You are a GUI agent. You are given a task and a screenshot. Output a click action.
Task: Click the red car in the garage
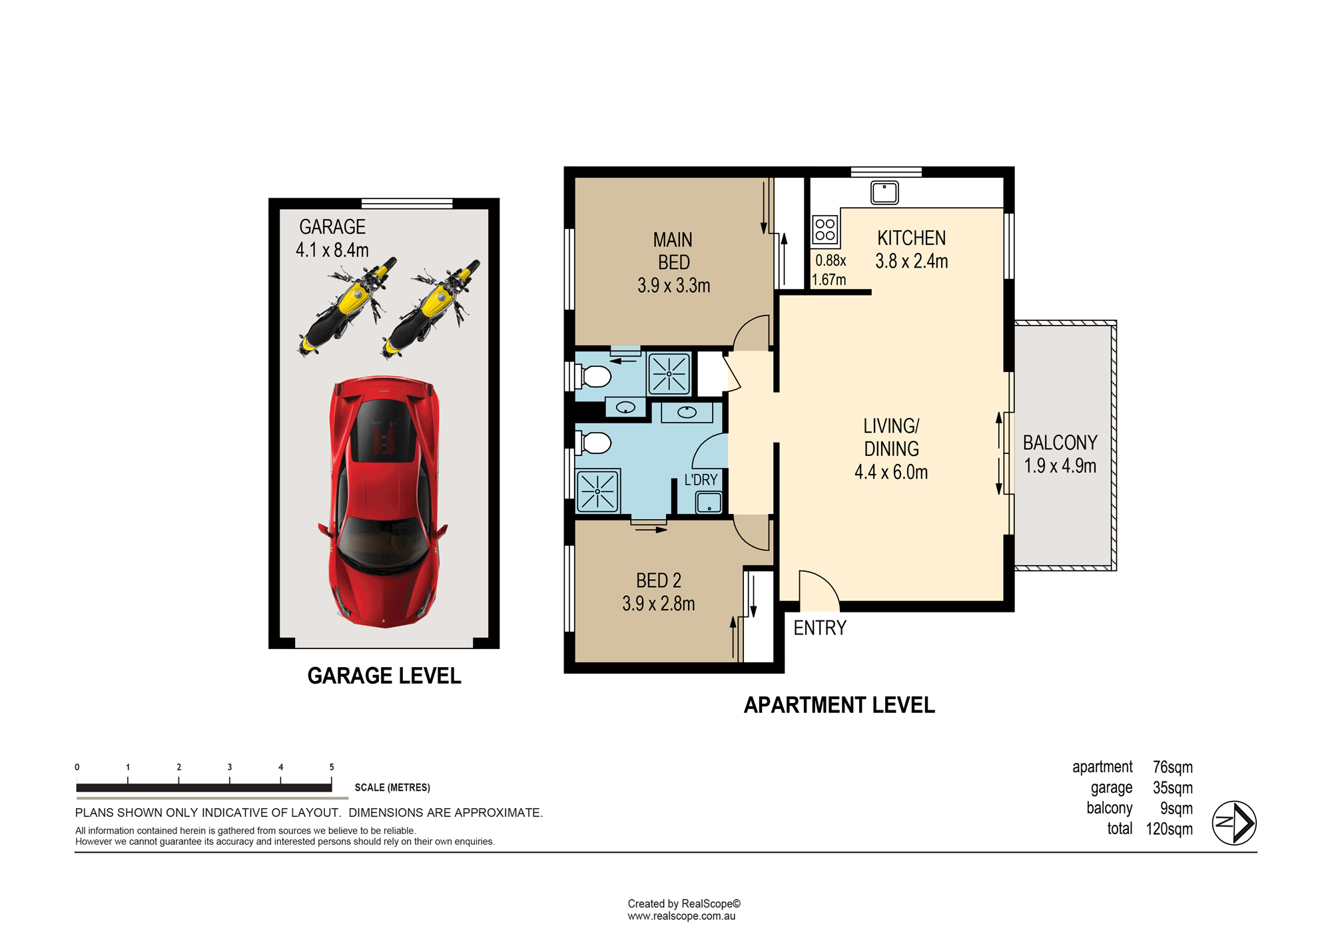point(384,502)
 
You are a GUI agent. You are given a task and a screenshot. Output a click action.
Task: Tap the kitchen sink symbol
point(884,192)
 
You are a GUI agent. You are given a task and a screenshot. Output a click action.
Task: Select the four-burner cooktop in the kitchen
point(825,230)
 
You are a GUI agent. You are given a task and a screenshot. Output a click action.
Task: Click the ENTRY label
point(820,628)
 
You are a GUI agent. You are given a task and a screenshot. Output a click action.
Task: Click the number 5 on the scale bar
point(332,767)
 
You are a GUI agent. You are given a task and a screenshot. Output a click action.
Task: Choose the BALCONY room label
point(1060,443)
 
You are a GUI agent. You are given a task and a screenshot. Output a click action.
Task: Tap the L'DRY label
point(701,480)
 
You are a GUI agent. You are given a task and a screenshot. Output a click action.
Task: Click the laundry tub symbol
point(709,502)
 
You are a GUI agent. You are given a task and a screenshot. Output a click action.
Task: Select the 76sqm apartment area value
point(1173,767)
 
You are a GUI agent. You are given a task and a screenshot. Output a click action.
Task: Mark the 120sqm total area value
point(1169,829)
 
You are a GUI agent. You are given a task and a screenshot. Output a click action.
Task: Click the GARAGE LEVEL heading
point(384,676)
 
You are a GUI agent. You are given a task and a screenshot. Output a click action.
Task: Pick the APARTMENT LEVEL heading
point(839,705)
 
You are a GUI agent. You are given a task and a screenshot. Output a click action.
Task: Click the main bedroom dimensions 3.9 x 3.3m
point(674,286)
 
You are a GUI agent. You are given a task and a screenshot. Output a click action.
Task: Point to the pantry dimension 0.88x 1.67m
point(830,270)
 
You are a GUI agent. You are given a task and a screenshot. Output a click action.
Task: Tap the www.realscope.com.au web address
point(681,916)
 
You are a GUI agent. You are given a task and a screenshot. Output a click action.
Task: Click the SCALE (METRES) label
point(392,788)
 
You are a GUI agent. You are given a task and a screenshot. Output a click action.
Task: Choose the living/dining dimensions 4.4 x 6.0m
point(891,472)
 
